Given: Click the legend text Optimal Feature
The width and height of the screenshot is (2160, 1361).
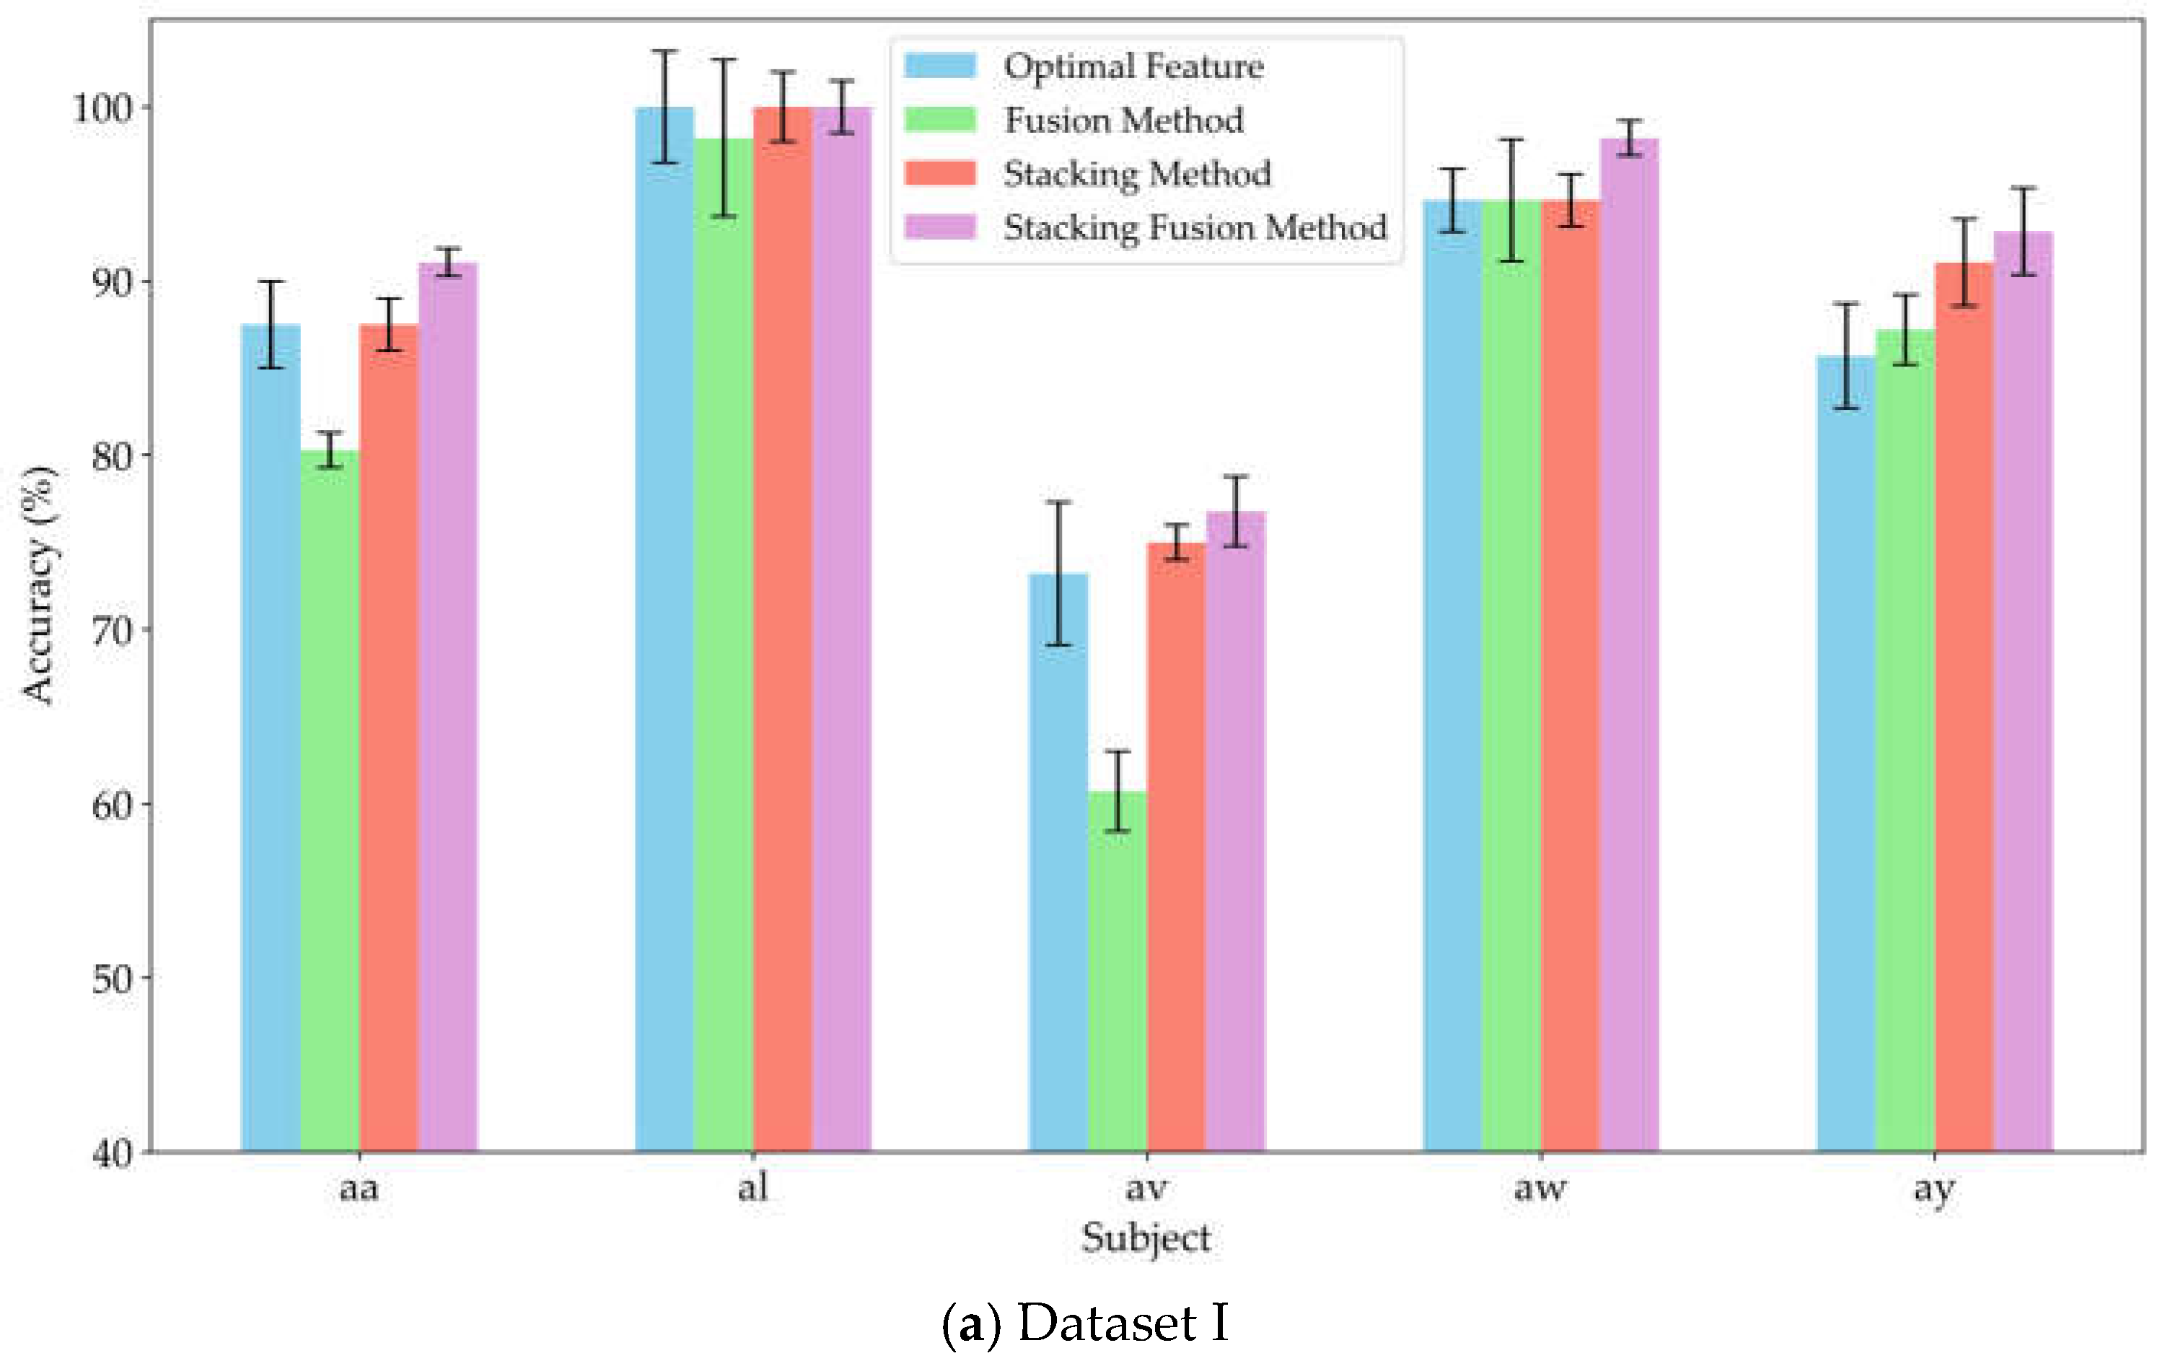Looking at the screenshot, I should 1133,66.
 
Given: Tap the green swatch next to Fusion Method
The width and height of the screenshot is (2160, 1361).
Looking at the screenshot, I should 939,119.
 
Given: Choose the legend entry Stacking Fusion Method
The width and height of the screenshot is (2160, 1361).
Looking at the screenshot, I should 1194,227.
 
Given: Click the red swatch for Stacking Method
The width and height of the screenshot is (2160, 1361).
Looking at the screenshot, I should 939,173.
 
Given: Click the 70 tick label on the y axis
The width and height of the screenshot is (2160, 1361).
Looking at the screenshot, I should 111,631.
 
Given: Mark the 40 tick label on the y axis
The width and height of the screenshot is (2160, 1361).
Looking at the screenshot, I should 111,1154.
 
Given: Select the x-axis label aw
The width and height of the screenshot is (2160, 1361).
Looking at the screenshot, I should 1540,1189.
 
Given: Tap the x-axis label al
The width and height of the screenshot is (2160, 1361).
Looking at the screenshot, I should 752,1189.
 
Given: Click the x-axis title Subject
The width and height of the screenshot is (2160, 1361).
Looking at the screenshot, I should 1146,1238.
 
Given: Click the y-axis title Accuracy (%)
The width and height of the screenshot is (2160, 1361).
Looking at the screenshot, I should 38,585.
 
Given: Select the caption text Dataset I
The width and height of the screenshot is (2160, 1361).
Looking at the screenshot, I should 1121,1323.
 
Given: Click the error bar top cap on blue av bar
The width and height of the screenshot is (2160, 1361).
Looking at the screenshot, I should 1058,502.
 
